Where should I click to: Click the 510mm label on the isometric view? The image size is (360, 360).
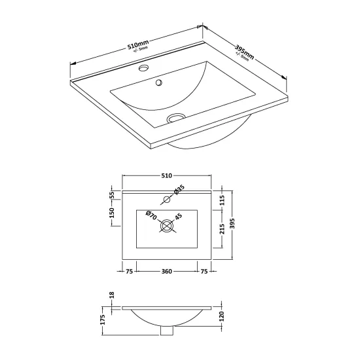point(138,45)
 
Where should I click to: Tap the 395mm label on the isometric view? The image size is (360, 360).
point(244,52)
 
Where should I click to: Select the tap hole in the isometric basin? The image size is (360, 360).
point(144,68)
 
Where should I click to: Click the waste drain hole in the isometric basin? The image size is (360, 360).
point(176,117)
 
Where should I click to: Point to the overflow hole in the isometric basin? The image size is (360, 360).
point(159,82)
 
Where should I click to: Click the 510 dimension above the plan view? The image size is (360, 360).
point(167,175)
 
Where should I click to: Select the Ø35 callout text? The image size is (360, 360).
point(179,190)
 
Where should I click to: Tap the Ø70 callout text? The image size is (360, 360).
point(151,215)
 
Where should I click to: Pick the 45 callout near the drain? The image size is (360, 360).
point(179,217)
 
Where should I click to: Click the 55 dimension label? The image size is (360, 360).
point(112,195)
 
